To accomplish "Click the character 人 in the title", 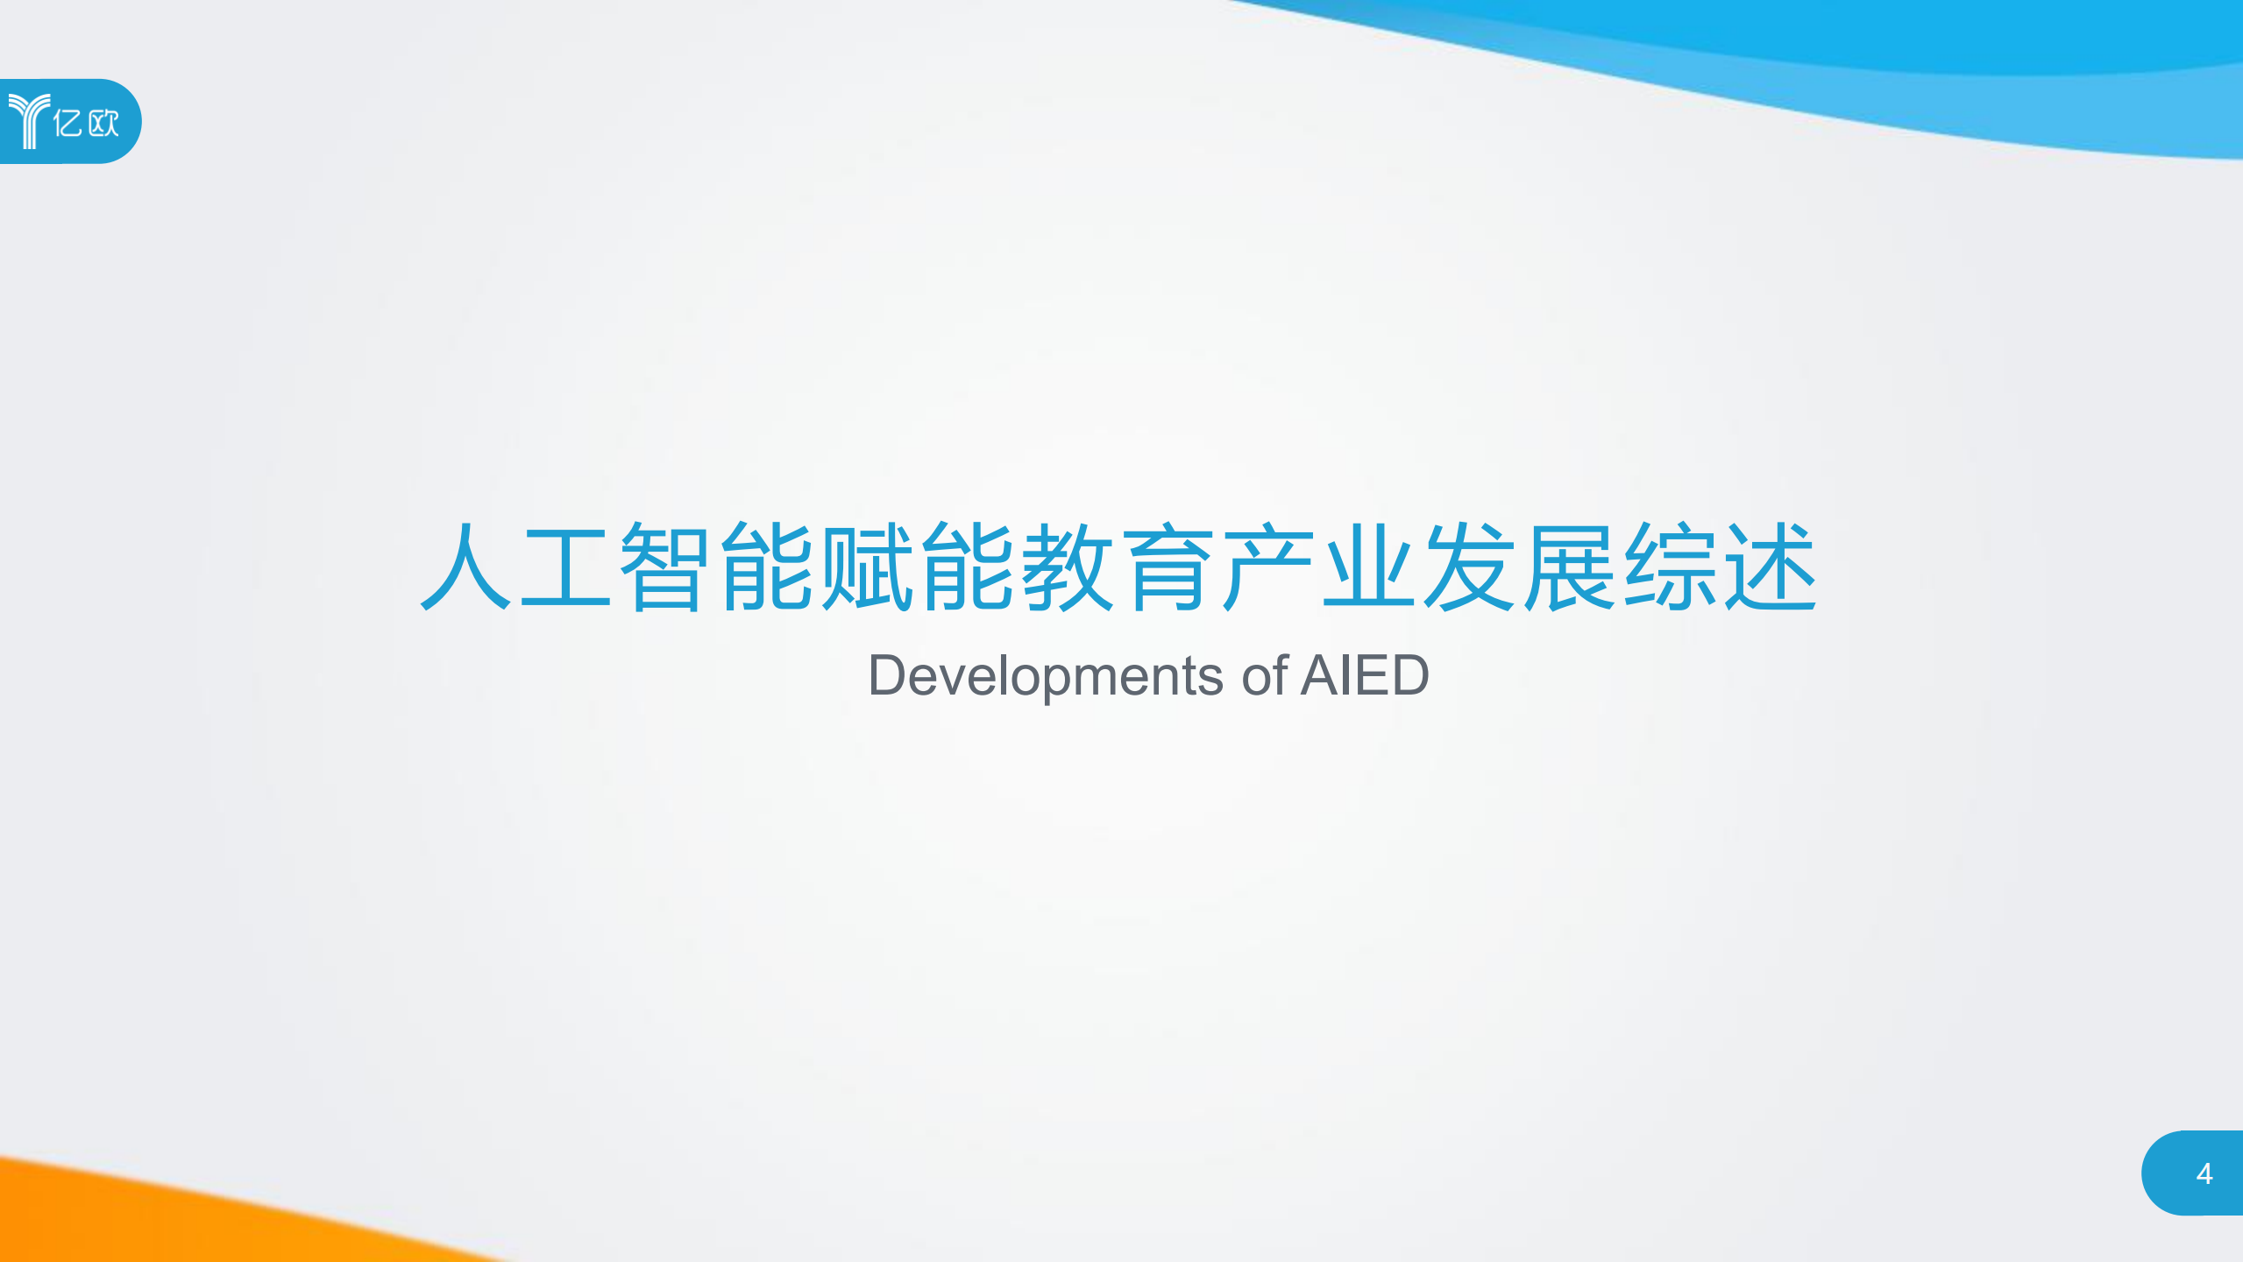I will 465,567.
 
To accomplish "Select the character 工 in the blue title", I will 565,567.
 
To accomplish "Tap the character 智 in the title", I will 665,567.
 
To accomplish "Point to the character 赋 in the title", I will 866,567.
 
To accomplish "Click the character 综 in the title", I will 1669,567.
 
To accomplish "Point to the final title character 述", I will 1770,567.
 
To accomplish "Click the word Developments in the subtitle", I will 1045,676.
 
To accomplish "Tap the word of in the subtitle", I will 1264,676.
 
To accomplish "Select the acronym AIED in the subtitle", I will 1364,676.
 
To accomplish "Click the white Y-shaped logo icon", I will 29,121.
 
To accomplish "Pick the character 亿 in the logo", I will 67,123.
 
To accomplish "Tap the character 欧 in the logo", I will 103,123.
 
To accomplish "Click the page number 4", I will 2204,1173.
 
